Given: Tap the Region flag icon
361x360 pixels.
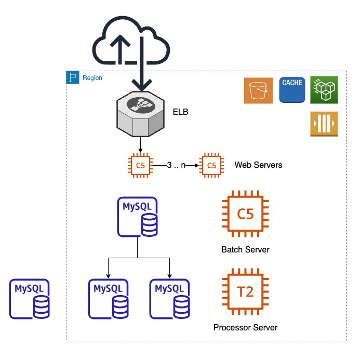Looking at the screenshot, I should tap(72, 78).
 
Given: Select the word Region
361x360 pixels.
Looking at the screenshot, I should tap(92, 78).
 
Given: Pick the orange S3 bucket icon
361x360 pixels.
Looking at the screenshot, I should tap(258, 90).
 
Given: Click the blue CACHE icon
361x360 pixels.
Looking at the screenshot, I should tap(292, 89).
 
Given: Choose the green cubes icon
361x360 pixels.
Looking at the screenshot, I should tap(324, 90).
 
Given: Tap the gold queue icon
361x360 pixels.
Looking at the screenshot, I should tap(324, 124).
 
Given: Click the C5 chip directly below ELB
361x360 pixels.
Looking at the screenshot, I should tap(140, 166).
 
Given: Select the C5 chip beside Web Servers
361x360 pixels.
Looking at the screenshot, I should tap(212, 166).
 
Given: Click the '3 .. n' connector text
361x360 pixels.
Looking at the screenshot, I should tap(177, 165).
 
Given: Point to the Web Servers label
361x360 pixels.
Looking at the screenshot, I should tap(258, 165).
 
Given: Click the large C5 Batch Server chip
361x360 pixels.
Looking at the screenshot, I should tap(245, 214).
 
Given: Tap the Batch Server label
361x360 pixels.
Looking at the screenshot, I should tap(245, 250).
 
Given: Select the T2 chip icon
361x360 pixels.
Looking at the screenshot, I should tap(245, 292).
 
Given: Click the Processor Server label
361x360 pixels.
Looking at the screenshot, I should tap(245, 328).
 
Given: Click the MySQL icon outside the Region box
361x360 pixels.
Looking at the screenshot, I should tap(30, 299).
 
